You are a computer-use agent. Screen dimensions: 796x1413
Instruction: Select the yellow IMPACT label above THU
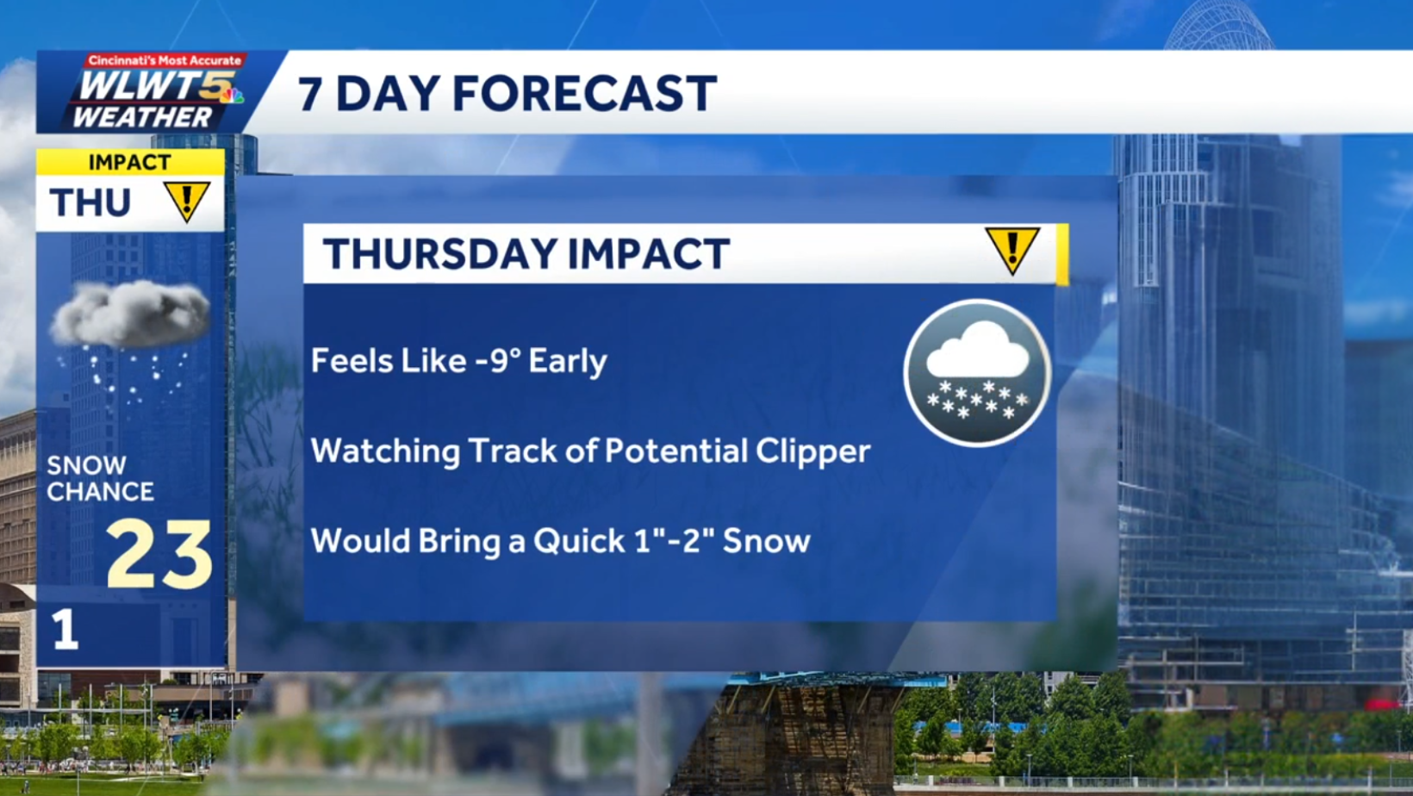pyautogui.click(x=129, y=162)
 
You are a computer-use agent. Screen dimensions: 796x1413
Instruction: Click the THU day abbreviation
pyautogui.click(x=90, y=203)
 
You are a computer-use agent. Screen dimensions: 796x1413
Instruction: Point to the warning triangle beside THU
pyautogui.click(x=186, y=202)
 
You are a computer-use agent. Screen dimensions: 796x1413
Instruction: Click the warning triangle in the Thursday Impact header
pyautogui.click(x=1012, y=250)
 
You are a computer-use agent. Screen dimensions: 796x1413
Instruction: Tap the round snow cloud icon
pyautogui.click(x=977, y=373)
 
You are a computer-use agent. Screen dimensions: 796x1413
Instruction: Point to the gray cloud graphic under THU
pyautogui.click(x=129, y=314)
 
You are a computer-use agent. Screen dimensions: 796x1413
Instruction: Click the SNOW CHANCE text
pyautogui.click(x=99, y=478)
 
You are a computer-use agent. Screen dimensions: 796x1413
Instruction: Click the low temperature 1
pyautogui.click(x=65, y=630)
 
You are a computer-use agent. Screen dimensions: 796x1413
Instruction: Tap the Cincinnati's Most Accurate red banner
pyautogui.click(x=164, y=60)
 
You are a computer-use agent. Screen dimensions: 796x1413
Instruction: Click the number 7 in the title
pyautogui.click(x=310, y=93)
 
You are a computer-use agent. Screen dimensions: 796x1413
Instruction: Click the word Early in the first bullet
pyautogui.click(x=567, y=361)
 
